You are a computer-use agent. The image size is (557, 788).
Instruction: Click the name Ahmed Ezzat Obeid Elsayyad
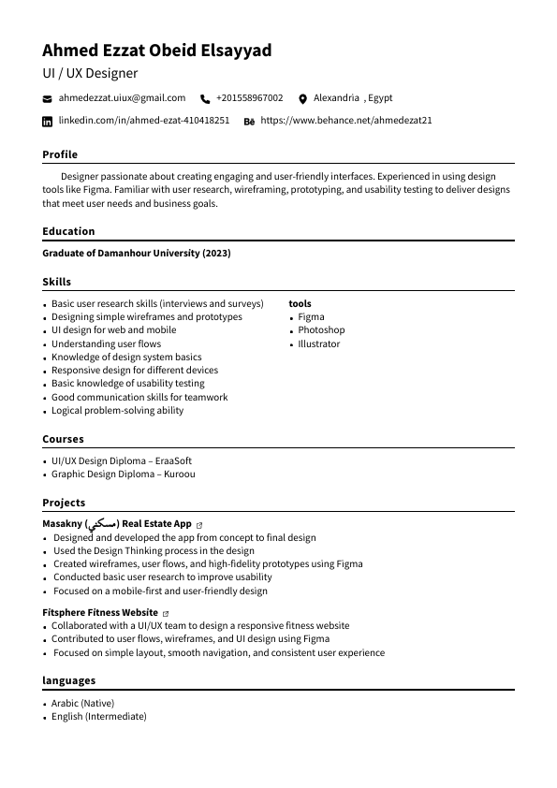[156, 51]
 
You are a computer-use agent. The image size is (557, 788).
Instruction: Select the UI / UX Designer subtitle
[90, 73]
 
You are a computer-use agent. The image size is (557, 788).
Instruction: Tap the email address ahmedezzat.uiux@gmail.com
[122, 98]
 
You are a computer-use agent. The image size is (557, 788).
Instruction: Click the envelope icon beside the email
[48, 98]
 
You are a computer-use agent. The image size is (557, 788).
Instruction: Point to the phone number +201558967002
[249, 98]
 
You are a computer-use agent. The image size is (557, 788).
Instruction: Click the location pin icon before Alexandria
[302, 98]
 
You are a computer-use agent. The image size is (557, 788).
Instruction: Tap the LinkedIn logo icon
[48, 122]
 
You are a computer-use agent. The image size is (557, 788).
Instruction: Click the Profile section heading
[60, 154]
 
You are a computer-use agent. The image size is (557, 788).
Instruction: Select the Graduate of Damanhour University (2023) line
[137, 254]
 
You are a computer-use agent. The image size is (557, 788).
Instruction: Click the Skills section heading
[56, 282]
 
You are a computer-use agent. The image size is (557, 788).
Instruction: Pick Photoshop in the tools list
[321, 330]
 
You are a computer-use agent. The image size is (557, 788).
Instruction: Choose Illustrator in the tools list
[319, 343]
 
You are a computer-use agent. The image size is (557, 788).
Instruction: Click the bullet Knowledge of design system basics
[126, 357]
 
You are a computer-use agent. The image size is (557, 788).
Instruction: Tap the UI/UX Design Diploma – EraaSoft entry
[122, 460]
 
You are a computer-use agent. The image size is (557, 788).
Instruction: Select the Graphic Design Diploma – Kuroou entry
[124, 474]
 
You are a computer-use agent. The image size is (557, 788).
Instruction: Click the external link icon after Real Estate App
[199, 525]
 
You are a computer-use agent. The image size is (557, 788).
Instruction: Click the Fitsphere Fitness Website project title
[100, 613]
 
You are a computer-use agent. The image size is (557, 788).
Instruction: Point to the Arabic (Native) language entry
[83, 703]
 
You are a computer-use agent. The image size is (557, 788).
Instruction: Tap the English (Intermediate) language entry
[99, 716]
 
